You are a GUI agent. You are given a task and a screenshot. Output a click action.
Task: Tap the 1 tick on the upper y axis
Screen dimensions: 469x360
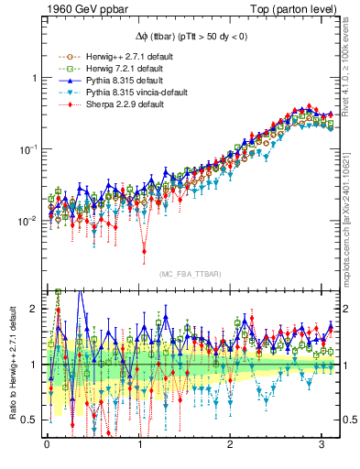(34, 78)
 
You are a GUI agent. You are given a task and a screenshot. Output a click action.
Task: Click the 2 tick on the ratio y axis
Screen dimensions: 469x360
(34, 309)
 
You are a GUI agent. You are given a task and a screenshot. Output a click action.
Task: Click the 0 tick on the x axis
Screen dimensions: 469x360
(47, 445)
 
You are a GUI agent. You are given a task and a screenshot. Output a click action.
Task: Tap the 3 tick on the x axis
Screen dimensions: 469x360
(322, 445)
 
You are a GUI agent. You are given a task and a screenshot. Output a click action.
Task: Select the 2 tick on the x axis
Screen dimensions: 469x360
(231, 445)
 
